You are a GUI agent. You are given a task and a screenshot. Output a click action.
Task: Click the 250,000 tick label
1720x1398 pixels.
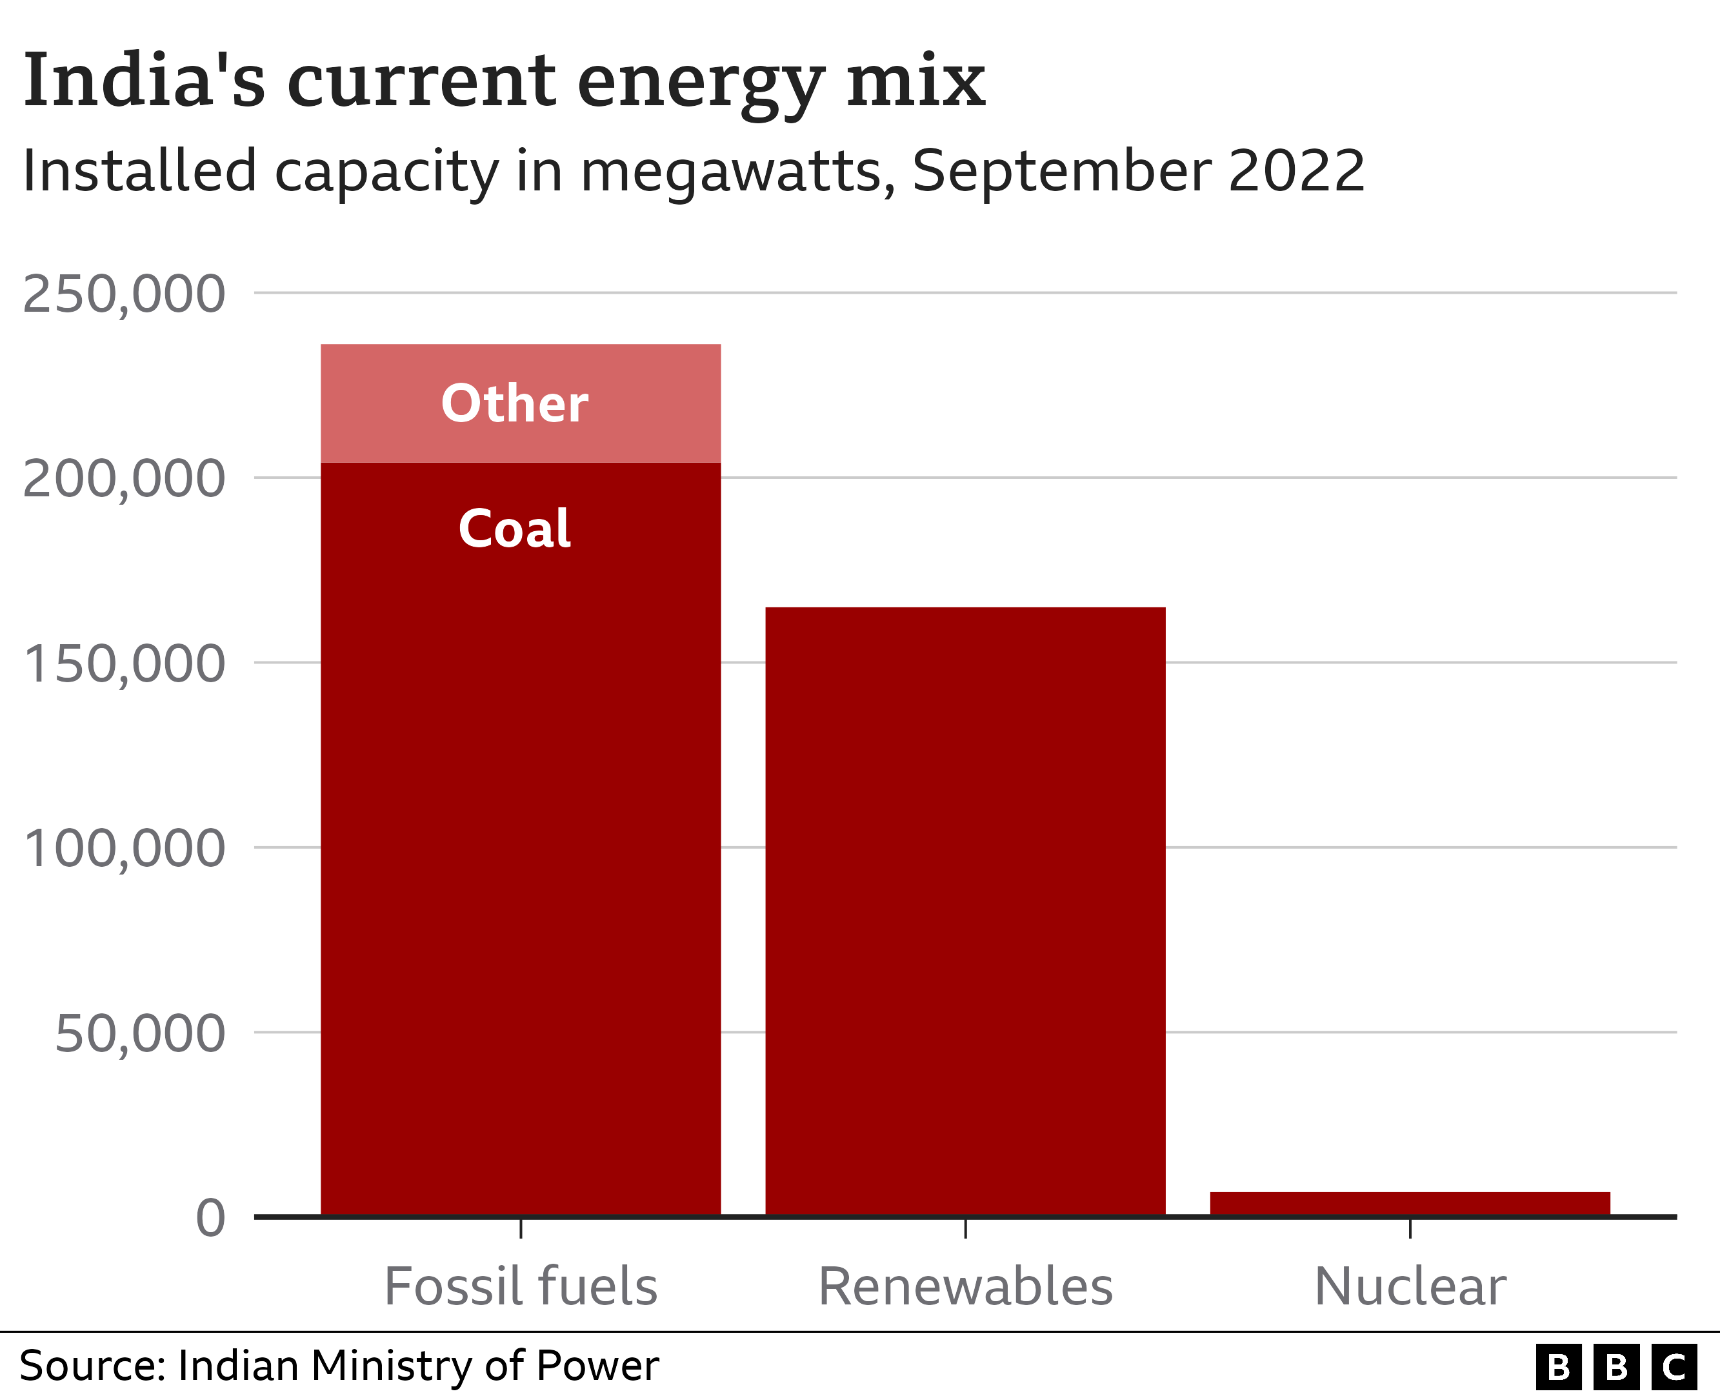click(123, 294)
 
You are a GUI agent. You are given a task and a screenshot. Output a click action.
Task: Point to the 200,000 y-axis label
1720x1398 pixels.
click(123, 479)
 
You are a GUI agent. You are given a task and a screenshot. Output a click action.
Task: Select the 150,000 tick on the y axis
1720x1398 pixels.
click(123, 664)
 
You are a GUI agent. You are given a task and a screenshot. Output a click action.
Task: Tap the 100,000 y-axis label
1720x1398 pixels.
click(123, 848)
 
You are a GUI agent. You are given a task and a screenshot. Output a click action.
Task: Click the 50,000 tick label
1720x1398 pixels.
click(139, 1033)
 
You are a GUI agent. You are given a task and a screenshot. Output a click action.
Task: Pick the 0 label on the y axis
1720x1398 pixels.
click(210, 1218)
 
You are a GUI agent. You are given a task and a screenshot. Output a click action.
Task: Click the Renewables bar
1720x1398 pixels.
click(965, 910)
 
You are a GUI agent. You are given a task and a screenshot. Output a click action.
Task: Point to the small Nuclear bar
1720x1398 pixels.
click(1409, 1203)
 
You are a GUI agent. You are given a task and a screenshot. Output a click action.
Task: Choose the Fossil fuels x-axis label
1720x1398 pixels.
click(520, 1286)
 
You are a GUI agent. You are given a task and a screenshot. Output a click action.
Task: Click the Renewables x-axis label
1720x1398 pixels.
click(965, 1286)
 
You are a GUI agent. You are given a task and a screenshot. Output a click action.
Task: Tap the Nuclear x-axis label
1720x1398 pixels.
click(1409, 1286)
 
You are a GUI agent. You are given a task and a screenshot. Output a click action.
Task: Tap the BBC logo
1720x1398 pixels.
click(1616, 1366)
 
